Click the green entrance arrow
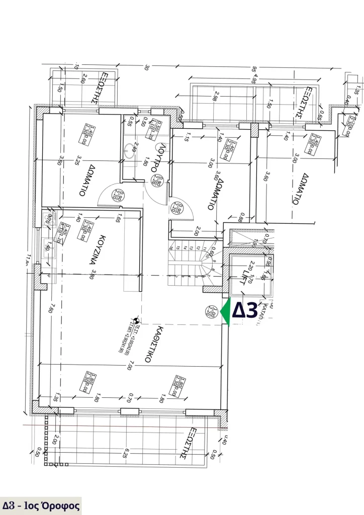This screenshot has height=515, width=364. pos(225,312)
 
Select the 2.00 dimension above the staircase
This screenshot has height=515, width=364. pos(197,231)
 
